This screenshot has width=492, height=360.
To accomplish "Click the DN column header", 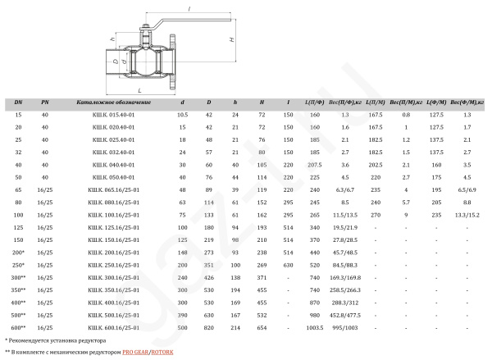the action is pyautogui.click(x=18, y=103).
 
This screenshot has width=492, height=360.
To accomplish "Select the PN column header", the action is pyautogui.click(x=45, y=103).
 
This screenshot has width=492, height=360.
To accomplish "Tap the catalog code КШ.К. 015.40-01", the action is pyautogui.click(x=114, y=115).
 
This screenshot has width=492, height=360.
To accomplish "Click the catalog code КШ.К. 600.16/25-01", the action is pyautogui.click(x=114, y=328).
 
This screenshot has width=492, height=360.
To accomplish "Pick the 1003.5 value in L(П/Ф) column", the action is pyautogui.click(x=315, y=328).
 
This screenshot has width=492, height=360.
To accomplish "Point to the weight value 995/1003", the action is pyautogui.click(x=345, y=328).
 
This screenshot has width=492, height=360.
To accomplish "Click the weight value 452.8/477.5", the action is pyautogui.click(x=345, y=316).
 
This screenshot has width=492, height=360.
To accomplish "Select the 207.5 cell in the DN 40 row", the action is pyautogui.click(x=315, y=165).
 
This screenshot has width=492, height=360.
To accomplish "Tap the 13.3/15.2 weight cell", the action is pyautogui.click(x=467, y=216).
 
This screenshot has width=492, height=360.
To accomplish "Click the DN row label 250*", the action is pyautogui.click(x=18, y=265).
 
